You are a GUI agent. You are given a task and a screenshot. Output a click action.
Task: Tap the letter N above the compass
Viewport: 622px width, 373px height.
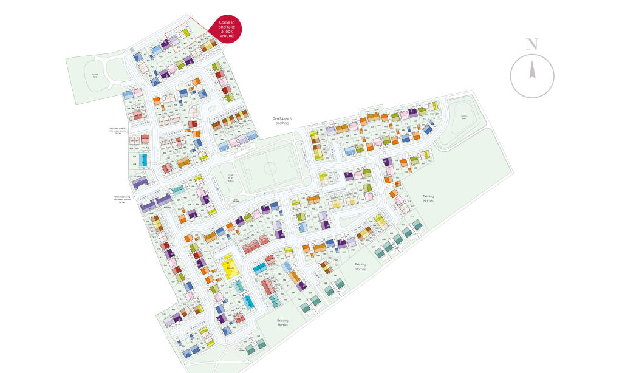(532, 44)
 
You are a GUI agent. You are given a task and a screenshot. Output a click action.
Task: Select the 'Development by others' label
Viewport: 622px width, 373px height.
(282, 120)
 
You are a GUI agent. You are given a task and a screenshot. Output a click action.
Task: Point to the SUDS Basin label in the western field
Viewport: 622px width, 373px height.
(95, 75)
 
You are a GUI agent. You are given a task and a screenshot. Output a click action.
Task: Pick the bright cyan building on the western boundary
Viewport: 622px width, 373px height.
(143, 160)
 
